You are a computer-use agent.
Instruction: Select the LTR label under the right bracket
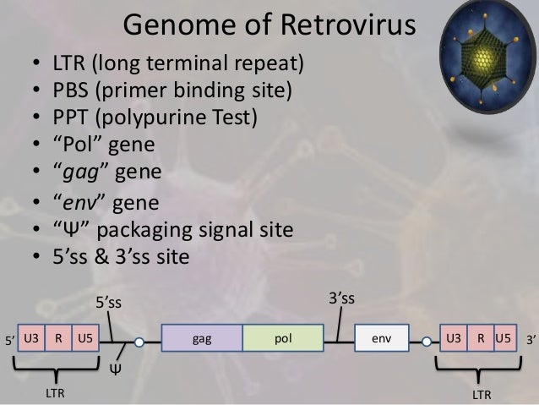point(482,394)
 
